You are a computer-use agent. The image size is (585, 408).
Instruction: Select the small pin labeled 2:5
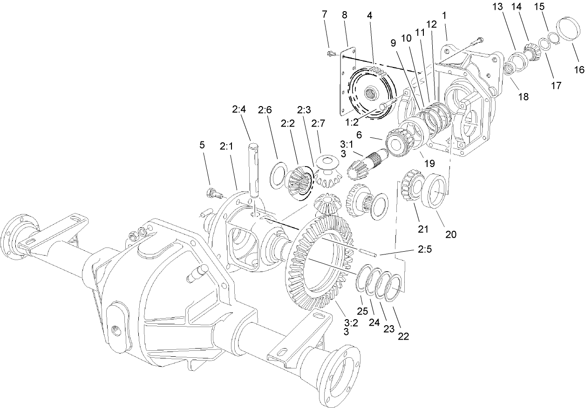tap(368, 252)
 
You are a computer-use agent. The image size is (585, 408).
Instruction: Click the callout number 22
tap(403, 336)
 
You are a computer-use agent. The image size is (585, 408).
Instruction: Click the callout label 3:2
tap(351, 322)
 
